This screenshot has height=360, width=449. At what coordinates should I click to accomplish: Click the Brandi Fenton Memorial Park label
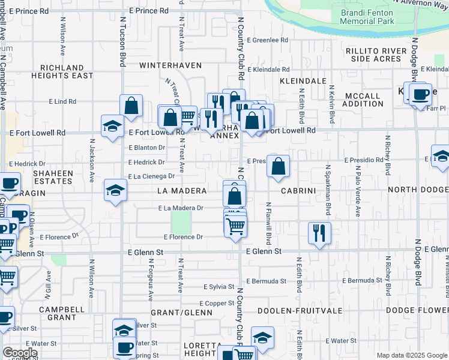tap(367, 16)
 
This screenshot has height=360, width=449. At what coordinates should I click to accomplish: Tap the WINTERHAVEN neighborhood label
tap(166, 64)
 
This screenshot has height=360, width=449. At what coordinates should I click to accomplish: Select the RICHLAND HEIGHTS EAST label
tap(67, 71)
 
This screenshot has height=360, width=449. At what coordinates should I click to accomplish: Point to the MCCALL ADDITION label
tap(361, 100)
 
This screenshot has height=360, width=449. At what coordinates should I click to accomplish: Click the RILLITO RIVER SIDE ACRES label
tap(376, 55)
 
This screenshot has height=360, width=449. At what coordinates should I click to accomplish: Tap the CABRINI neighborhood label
tap(297, 190)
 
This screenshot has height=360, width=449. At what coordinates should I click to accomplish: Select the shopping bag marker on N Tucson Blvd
tap(131, 107)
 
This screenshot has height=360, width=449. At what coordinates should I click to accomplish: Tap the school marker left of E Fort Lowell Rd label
tap(112, 127)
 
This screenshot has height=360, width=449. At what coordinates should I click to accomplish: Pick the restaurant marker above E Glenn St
tap(319, 233)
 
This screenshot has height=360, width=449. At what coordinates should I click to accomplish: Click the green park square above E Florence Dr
tap(181, 223)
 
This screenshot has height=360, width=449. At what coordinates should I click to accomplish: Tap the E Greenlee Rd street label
tap(270, 40)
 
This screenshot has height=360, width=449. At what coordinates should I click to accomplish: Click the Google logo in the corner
tap(20, 353)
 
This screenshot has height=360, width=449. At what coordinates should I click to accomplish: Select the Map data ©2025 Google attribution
tap(412, 355)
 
